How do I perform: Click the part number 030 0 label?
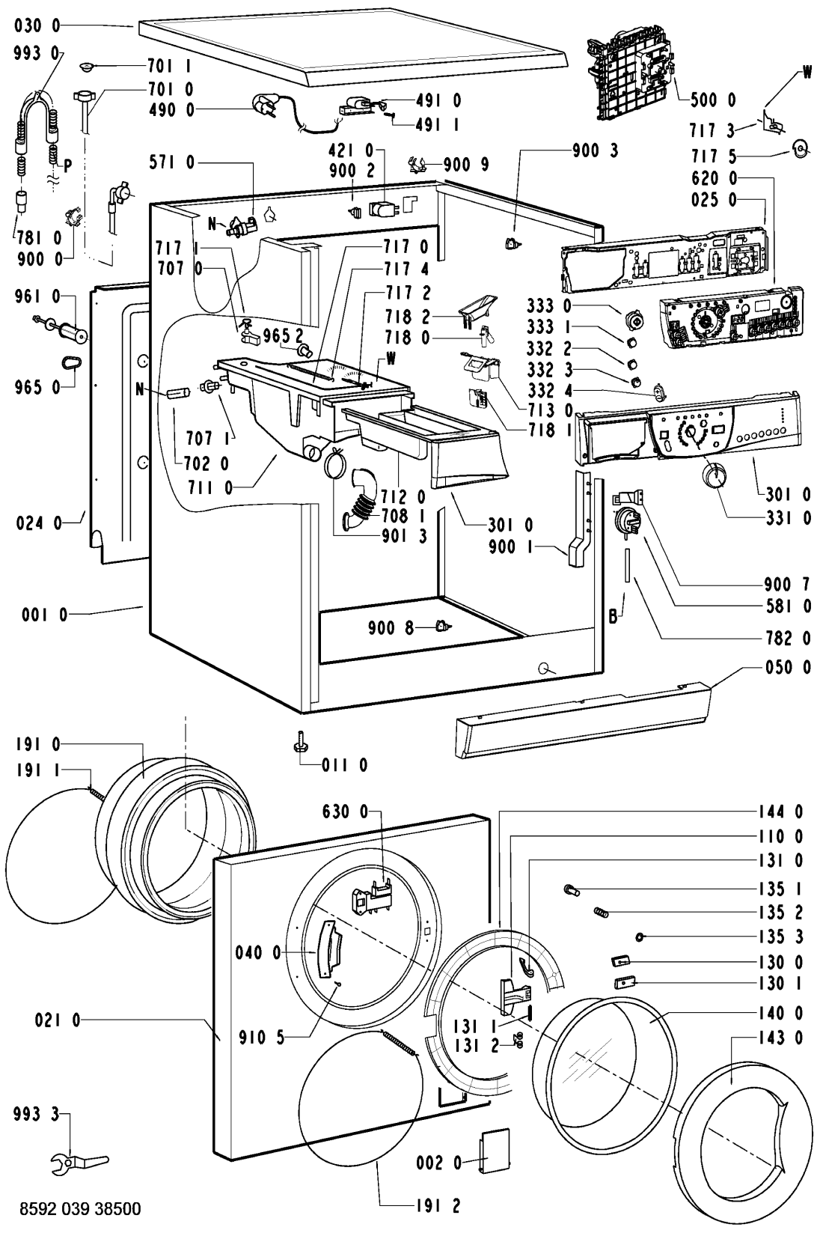coord(36,25)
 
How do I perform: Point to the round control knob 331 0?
coord(715,474)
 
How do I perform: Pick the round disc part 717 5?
coord(800,148)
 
